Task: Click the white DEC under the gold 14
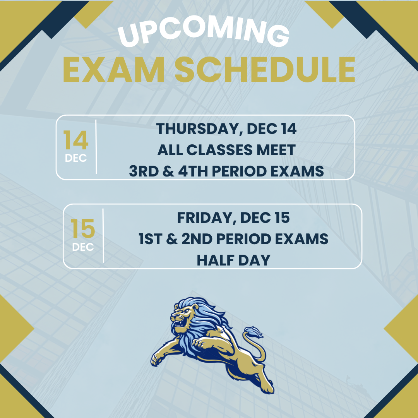pyautogui.click(x=76, y=158)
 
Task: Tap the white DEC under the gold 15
pyautogui.click(x=83, y=247)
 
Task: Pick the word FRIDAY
pyautogui.click(x=206, y=218)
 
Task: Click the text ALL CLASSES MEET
pyautogui.click(x=226, y=150)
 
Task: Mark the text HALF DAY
pyautogui.click(x=233, y=260)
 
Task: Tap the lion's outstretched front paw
pyautogui.click(x=157, y=360)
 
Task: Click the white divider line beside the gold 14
pyautogui.click(x=96, y=147)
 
